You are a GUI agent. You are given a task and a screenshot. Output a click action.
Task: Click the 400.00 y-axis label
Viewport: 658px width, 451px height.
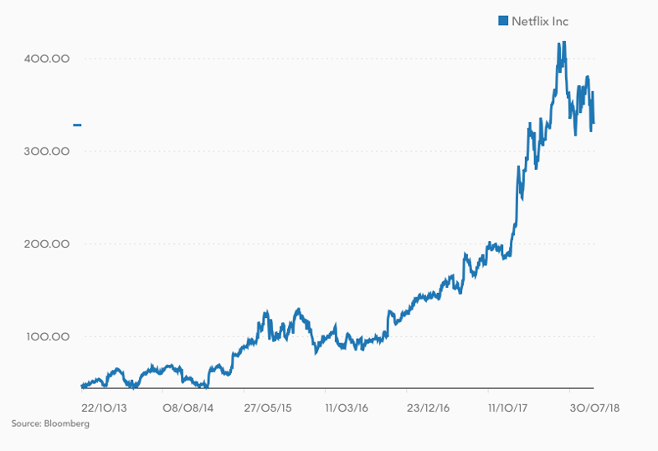[48, 59]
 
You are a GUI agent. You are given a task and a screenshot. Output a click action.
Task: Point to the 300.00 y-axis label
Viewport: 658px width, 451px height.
[48, 151]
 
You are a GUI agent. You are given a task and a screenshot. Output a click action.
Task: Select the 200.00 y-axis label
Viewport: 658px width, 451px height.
[48, 244]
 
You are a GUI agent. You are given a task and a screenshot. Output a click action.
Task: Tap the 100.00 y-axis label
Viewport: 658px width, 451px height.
[48, 337]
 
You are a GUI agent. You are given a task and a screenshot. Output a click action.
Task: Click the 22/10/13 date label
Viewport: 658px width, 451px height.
[104, 407]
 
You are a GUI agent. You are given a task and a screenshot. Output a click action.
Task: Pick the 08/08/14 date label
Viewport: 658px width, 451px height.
[186, 407]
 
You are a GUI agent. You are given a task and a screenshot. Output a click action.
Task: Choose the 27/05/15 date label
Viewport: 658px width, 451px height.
[268, 407]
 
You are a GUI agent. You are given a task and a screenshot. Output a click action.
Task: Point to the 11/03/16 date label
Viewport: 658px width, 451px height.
[347, 407]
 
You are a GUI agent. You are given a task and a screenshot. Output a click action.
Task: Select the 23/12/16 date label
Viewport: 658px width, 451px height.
[429, 407]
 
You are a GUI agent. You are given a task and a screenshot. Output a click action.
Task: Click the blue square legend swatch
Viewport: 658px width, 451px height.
[503, 21]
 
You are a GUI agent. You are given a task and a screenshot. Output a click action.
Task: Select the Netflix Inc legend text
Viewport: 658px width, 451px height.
[539, 21]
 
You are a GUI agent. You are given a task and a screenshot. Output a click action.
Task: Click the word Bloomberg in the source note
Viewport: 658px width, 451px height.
[68, 424]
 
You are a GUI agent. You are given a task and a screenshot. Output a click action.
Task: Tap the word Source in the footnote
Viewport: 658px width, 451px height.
[26, 424]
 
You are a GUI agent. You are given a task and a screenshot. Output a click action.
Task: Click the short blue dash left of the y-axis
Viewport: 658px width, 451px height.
[77, 126]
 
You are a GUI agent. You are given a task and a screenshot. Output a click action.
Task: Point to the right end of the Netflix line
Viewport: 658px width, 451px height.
[594, 124]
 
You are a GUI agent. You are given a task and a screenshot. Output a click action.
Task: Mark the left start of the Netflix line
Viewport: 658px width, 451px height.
[81, 386]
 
